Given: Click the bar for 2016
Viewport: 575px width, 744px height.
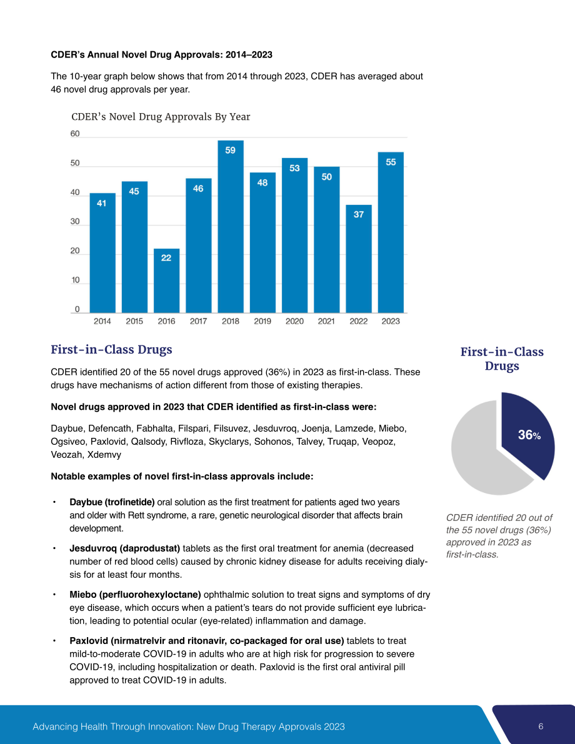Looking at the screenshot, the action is pos(166,280).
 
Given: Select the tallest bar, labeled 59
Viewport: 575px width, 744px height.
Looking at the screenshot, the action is pos(230,226).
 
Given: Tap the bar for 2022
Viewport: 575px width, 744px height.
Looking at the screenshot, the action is pos(359,259).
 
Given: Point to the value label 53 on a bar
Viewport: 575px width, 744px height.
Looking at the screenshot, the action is pos(294,168).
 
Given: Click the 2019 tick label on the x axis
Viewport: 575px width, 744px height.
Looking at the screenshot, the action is pos(262,321).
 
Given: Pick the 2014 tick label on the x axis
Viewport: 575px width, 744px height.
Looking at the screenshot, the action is pos(102,321).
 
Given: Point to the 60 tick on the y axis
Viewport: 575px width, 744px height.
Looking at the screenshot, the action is pos(75,134).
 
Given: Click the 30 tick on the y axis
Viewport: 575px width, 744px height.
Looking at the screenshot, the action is pos(75,222).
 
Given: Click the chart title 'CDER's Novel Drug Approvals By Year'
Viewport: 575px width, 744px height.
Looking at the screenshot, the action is pos(161,117).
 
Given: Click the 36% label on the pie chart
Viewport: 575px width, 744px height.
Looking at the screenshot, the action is pos(529,435).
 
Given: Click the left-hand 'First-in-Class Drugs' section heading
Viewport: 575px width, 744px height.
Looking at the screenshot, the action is pos(112,350).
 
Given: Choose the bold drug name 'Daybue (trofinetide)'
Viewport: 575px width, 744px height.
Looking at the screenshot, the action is pos(112,502).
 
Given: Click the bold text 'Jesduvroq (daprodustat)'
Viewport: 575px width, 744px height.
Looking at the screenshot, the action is pos(125,548).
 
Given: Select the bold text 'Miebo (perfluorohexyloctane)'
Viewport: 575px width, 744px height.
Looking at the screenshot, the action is pos(136,595).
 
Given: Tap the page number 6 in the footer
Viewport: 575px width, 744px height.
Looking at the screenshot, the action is pos(541,727).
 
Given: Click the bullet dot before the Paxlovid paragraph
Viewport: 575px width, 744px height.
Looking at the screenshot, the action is pos(54,641).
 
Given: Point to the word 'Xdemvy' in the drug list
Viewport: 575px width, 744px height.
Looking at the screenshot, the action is pos(104,455).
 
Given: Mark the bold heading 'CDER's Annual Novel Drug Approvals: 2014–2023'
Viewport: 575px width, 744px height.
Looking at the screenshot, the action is pos(161,54).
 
